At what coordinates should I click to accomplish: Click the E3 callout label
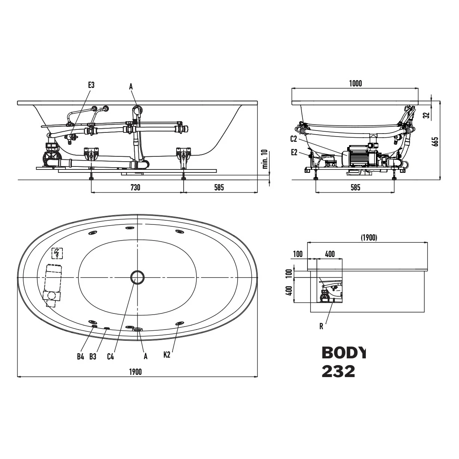92,85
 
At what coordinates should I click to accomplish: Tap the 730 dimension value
135,187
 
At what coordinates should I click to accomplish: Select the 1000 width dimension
355,83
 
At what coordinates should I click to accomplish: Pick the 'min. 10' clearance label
265,159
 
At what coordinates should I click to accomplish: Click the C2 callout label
294,139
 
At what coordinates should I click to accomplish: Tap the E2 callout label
294,153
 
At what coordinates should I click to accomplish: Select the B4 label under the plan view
80,363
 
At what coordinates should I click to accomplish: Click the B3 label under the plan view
93,363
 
